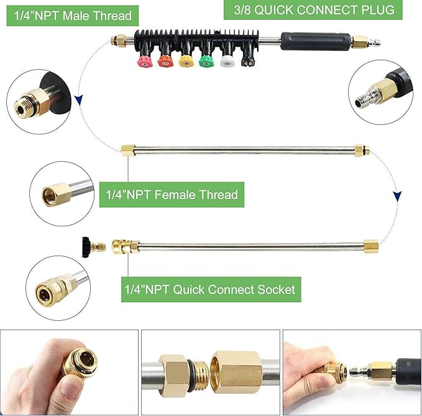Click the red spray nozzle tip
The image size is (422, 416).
[x=165, y=61]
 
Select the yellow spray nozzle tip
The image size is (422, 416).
[x=185, y=61]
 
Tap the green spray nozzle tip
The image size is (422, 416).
[x=205, y=61]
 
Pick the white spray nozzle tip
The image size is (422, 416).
[x=226, y=61]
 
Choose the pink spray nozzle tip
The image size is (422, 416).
[x=145, y=61]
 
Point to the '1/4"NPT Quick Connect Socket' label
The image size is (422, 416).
[x=208, y=289]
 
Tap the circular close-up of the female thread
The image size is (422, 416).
[x=61, y=193]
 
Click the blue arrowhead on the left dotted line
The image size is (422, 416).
[x=79, y=99]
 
